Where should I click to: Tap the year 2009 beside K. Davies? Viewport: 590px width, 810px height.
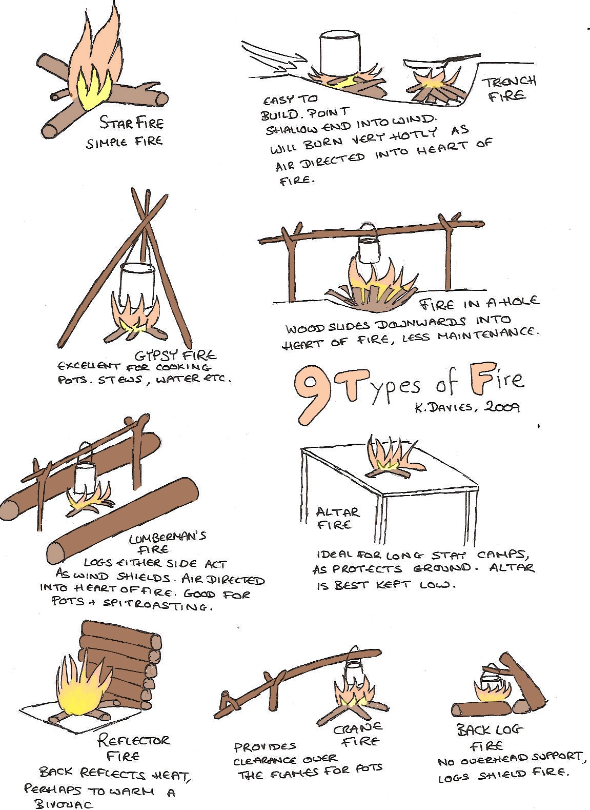(502, 407)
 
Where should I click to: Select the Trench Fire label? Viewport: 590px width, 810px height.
(510, 88)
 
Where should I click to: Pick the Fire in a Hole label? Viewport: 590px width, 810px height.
(479, 303)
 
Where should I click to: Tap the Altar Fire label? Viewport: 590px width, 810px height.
(337, 518)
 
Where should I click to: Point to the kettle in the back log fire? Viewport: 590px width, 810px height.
(490, 679)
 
